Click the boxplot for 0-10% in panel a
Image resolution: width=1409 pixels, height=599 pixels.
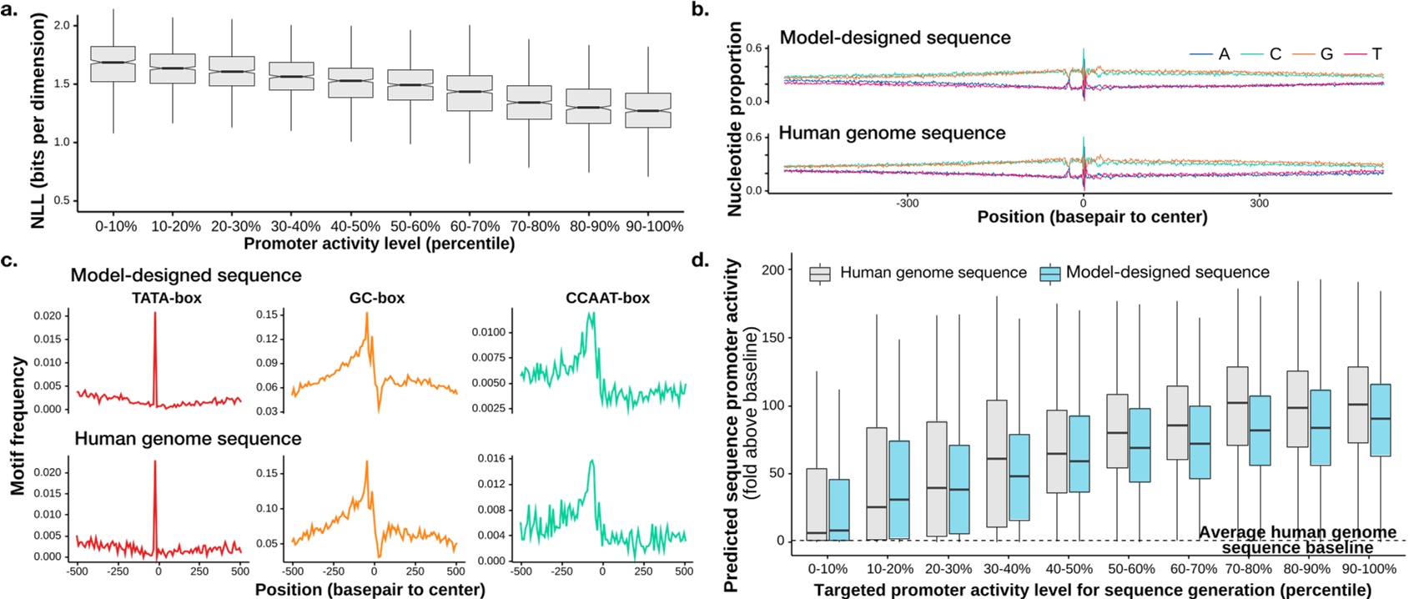(112, 64)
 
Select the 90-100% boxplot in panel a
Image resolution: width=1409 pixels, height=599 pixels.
(648, 110)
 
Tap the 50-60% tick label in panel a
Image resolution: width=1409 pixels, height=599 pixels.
(415, 226)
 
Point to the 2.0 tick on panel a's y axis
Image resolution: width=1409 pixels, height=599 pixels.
(62, 25)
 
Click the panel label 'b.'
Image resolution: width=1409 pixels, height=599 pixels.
(702, 10)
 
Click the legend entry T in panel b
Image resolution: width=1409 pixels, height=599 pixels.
(1376, 54)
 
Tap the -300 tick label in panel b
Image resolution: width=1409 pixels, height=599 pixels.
(907, 203)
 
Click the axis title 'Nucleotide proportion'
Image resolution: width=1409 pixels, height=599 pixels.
(735, 119)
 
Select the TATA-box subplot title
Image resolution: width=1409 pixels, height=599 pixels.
(167, 298)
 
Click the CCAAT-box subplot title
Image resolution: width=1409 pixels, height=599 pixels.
(607, 298)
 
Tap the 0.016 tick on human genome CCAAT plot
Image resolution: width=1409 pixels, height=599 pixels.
(491, 458)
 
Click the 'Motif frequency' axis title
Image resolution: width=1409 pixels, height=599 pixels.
(18, 425)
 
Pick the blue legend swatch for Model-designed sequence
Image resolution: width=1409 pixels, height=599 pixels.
(1050, 274)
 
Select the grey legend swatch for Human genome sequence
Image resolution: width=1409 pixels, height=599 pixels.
(821, 274)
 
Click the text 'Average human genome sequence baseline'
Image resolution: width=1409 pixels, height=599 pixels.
(1297, 540)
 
